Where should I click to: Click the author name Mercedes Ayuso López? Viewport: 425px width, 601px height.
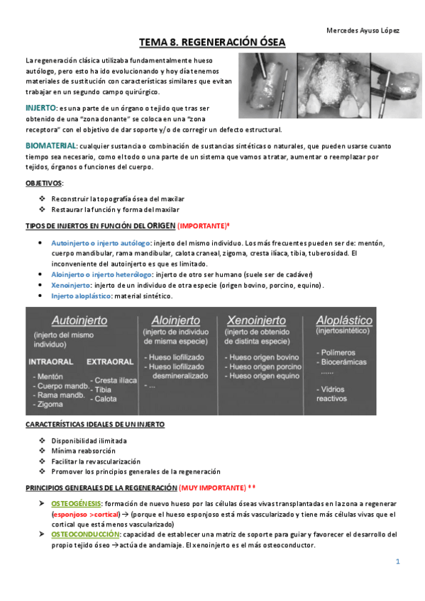[x=362, y=30]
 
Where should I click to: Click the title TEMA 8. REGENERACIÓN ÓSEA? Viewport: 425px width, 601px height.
[x=212, y=43]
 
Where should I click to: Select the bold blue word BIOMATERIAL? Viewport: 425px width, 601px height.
[x=52, y=145]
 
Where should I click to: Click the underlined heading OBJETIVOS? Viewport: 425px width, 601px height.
[x=44, y=183]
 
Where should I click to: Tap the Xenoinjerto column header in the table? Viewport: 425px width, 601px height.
[x=255, y=319]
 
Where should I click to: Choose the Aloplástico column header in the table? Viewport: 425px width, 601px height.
[x=346, y=319]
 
